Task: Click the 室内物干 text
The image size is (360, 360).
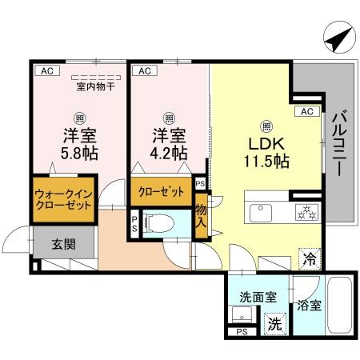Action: point(95,86)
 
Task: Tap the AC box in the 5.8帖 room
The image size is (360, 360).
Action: point(46,70)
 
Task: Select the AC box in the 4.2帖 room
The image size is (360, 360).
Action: point(145,70)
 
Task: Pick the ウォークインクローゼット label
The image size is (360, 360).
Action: point(63,198)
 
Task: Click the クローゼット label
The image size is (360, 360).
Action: point(160,191)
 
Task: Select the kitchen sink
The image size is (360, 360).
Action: point(260,212)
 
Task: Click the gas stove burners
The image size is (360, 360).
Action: point(306,212)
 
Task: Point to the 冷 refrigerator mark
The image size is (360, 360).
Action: point(309,258)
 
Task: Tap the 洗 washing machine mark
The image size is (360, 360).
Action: point(274,325)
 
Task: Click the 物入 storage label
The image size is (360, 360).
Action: point(201,218)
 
